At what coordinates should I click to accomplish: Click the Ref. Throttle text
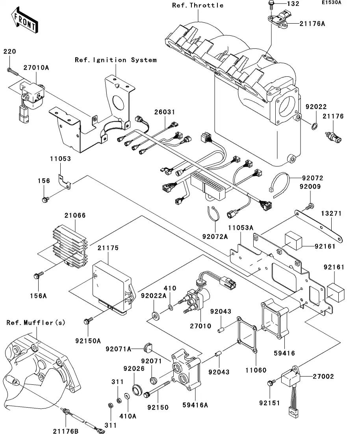(x=198, y=5)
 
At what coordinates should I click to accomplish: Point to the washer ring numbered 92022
(x=315, y=126)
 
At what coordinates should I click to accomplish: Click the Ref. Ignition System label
(x=115, y=60)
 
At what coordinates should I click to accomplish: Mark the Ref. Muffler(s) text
(x=36, y=323)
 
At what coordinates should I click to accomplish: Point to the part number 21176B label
(x=66, y=431)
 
